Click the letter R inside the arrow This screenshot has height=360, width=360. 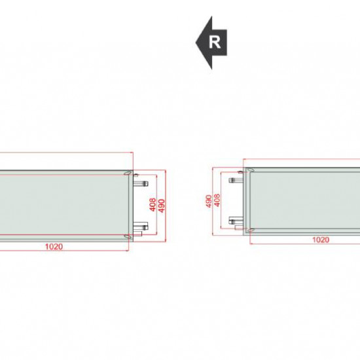[215, 43]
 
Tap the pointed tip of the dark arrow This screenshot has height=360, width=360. [196, 43]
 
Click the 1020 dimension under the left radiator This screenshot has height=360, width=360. [54, 247]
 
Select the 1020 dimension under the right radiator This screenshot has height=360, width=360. [321, 240]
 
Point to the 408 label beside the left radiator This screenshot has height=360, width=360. [153, 205]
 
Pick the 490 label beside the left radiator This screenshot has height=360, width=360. [162, 206]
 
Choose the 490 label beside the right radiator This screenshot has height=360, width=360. [208, 201]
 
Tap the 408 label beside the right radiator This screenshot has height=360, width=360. [217, 200]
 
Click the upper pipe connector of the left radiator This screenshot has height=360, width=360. [141, 183]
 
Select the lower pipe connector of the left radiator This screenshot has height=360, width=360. [141, 226]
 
